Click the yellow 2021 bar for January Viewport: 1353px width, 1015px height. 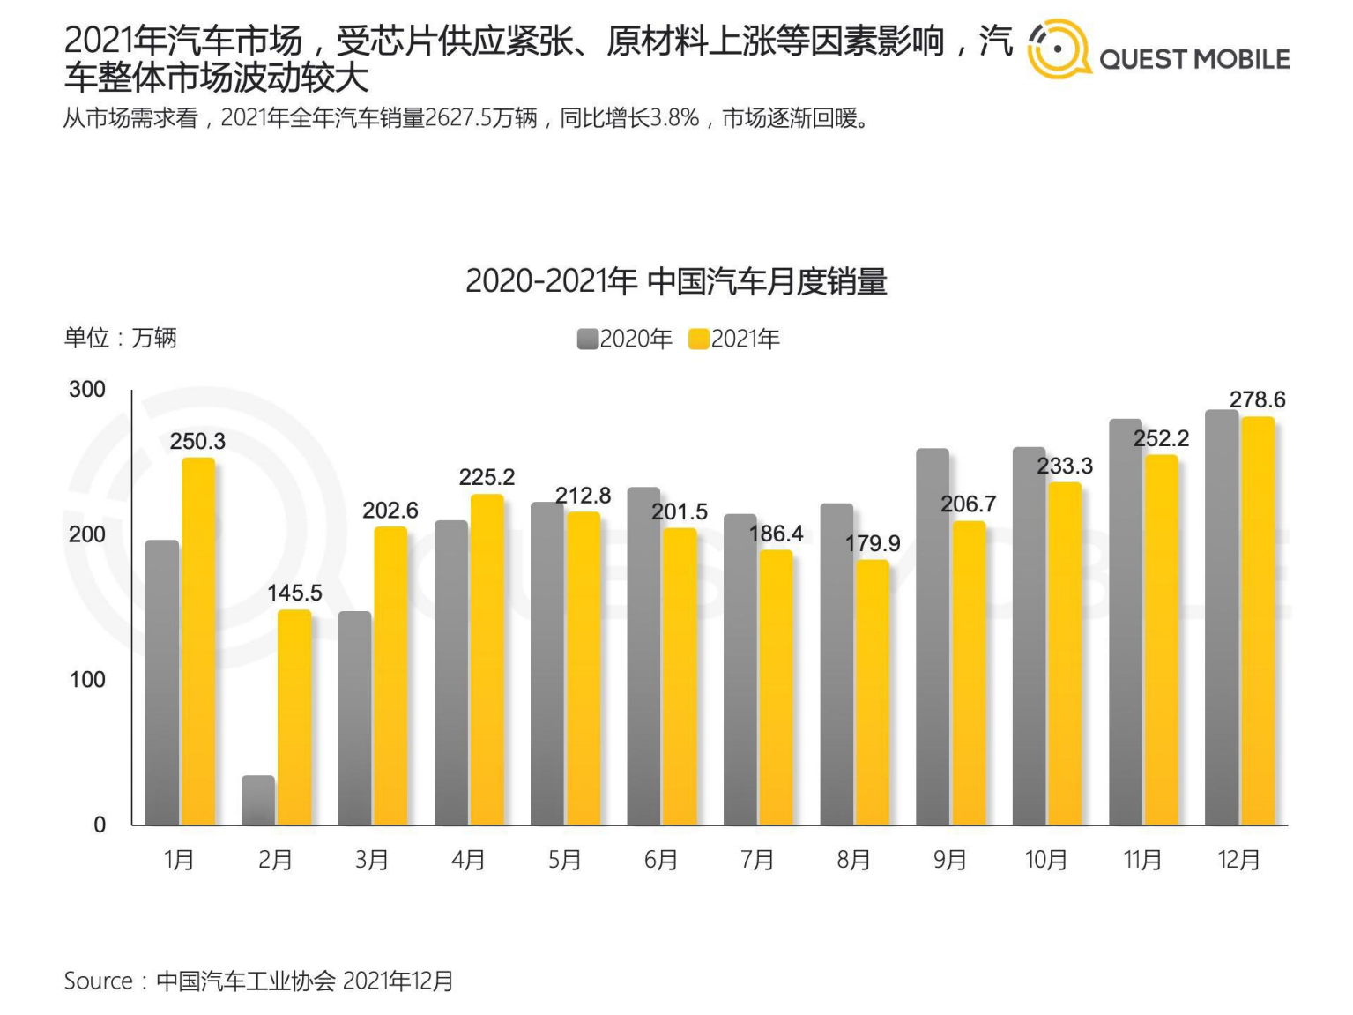198,641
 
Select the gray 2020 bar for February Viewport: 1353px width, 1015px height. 258,800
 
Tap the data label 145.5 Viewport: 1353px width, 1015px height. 294,593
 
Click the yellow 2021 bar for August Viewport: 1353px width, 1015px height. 873,692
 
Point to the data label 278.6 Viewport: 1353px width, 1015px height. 1257,399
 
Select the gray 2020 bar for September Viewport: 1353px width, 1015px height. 933,637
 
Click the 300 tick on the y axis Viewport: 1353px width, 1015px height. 87,389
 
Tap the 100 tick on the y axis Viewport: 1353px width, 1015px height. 87,679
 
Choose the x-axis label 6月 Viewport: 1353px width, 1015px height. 661,859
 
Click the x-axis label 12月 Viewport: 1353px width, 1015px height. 1238,859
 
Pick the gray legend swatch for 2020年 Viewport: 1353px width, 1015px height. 587,339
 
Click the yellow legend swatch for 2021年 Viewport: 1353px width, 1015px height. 699,339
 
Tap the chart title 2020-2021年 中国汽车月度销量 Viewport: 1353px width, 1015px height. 676,281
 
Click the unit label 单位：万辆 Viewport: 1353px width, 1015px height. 120,337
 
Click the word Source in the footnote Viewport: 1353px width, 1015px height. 98,981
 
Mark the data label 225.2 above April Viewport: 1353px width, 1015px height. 487,477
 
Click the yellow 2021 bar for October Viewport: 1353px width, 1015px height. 1065,653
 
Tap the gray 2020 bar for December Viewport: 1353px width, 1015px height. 1222,617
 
